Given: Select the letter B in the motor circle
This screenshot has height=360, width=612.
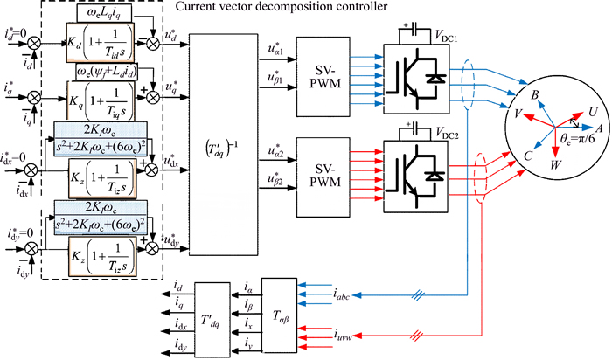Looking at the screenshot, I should click(535, 93).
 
